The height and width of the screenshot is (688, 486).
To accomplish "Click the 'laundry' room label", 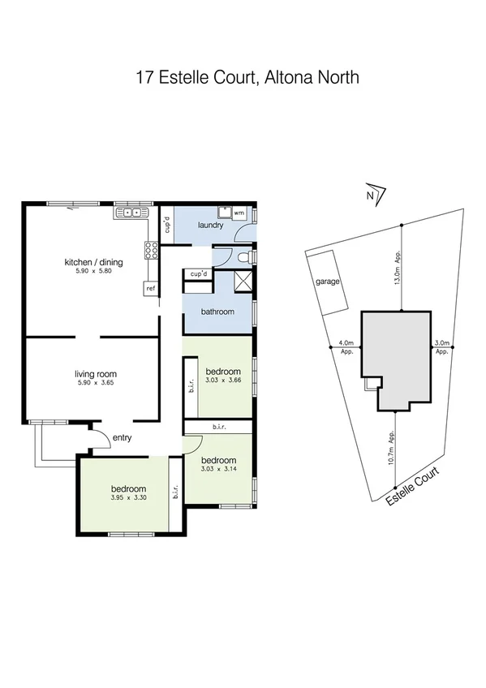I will coord(209,225).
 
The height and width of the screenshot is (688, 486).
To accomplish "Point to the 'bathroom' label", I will coord(217,312).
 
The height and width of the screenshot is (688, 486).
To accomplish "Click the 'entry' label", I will coord(122,438).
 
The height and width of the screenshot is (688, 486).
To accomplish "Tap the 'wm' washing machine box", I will coord(239,213).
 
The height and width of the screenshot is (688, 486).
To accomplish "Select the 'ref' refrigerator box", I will coord(150,288).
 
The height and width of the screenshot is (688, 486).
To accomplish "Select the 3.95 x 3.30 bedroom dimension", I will coord(128,499).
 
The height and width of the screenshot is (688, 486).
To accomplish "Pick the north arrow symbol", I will coord(372,194).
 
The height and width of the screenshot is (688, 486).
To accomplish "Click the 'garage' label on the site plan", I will coord(328,282).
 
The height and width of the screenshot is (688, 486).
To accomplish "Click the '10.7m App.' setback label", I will coord(393,448).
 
